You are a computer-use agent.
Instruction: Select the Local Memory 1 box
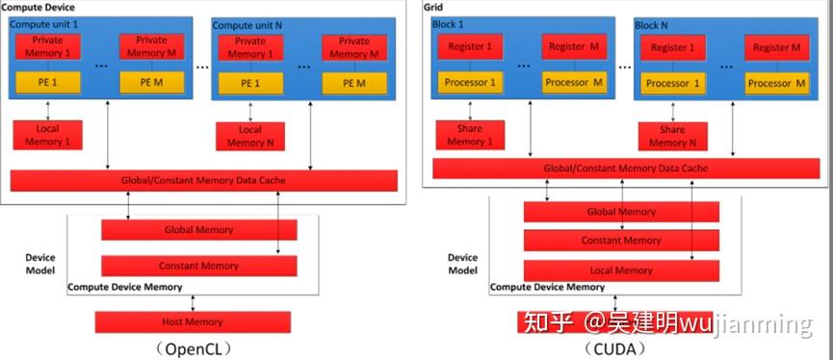coord(47,136)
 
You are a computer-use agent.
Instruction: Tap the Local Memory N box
coord(249,136)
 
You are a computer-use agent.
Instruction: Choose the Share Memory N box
coord(672,136)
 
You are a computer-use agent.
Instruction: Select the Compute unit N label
coord(245,24)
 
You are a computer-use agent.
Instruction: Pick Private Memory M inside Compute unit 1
coord(151,47)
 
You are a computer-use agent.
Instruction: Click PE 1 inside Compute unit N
coord(249,83)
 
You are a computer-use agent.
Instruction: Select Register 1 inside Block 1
coord(470,46)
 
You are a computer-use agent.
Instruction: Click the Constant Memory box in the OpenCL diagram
coord(198,266)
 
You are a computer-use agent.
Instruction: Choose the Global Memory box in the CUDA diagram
coord(621,212)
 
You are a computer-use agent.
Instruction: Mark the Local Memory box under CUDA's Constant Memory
coord(621,270)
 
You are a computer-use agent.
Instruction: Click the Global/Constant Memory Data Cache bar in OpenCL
coord(202,180)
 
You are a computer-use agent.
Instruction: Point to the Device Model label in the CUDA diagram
coord(462,264)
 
